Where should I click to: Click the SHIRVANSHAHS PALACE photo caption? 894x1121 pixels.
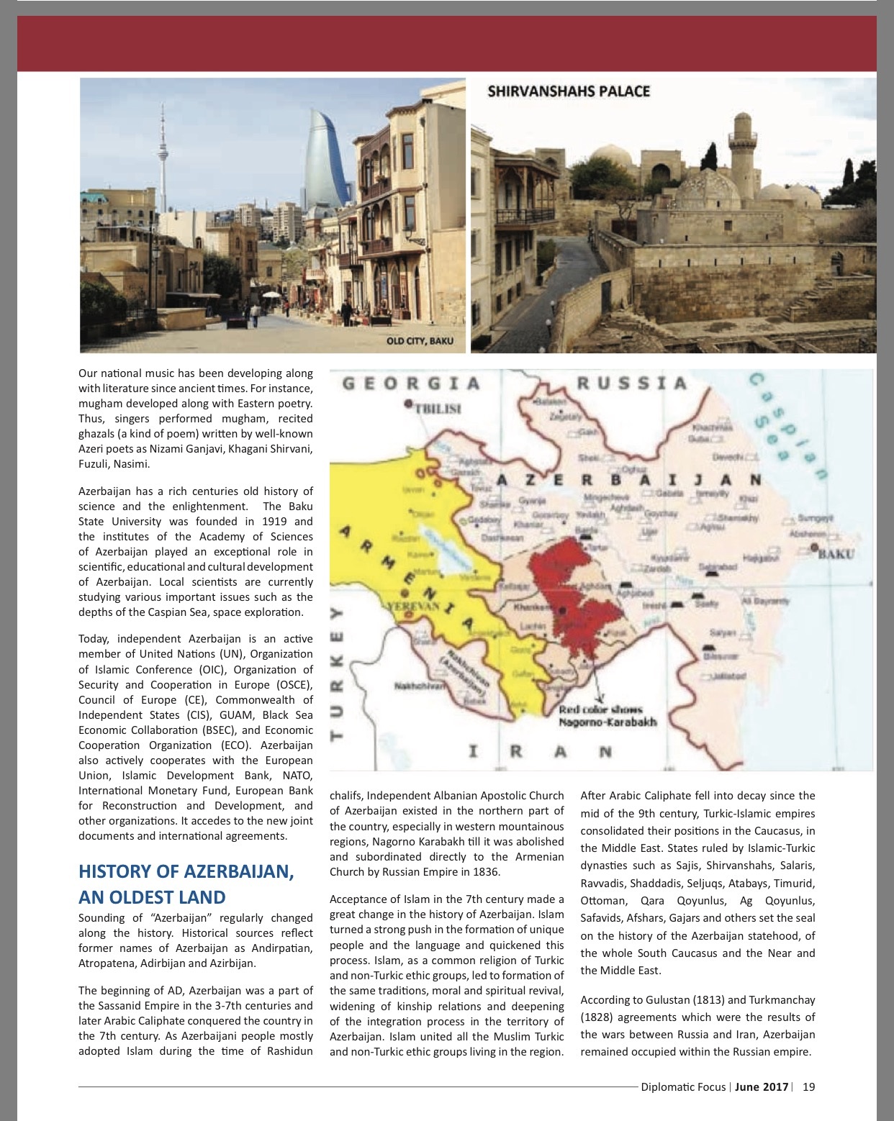(x=569, y=91)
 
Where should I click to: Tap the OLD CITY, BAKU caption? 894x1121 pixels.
(x=420, y=340)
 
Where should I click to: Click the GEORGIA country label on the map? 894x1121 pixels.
(x=411, y=383)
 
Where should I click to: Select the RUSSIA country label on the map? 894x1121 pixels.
(x=632, y=382)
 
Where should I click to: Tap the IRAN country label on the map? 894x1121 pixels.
(x=540, y=753)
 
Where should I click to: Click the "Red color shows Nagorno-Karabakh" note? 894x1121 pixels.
(x=608, y=716)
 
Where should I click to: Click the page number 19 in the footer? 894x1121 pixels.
(x=808, y=1087)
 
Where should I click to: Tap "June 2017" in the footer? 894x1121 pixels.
(x=762, y=1087)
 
